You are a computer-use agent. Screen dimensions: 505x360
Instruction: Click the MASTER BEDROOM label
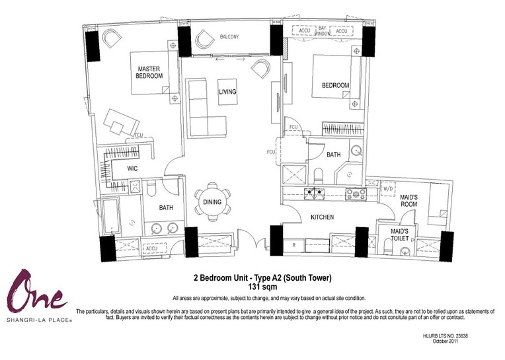click(x=149, y=73)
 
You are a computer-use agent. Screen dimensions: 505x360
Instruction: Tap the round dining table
click(x=212, y=202)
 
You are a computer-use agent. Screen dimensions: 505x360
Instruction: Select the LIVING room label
click(x=227, y=92)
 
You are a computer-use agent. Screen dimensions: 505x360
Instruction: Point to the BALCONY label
click(x=229, y=37)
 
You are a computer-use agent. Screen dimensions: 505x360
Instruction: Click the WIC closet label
click(x=132, y=168)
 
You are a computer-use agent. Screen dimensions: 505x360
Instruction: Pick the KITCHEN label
click(x=322, y=217)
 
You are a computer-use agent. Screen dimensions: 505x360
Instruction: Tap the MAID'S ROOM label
click(x=408, y=200)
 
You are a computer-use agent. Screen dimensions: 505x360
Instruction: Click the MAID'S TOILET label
click(x=399, y=235)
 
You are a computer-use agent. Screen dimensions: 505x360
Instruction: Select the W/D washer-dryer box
click(x=387, y=189)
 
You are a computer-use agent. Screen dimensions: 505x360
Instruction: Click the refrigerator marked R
click(x=293, y=245)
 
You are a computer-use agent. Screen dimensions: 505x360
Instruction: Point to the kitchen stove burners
click(x=356, y=194)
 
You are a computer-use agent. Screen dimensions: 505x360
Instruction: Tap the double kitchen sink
click(x=315, y=193)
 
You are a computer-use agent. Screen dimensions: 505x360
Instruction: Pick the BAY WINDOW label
click(x=322, y=30)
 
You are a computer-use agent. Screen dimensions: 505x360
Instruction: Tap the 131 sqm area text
click(x=262, y=286)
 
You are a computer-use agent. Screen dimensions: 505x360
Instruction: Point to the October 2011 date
click(x=445, y=341)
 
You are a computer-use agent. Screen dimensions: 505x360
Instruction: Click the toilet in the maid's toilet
click(x=387, y=246)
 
